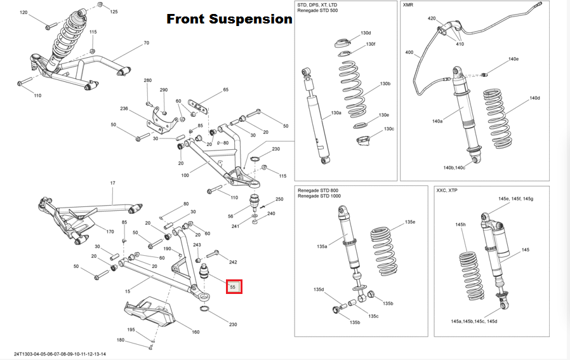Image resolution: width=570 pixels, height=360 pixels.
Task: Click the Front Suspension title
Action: pyautogui.click(x=229, y=19)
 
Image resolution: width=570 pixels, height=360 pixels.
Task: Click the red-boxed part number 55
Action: pyautogui.click(x=233, y=287)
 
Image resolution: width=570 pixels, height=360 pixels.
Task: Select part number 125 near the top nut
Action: pyautogui.click(x=114, y=12)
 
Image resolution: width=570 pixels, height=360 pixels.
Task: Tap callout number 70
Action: pyautogui.click(x=146, y=43)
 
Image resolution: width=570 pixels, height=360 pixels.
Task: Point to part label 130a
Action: pyautogui.click(x=336, y=112)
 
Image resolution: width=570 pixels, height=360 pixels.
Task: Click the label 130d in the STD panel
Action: pyautogui.click(x=366, y=32)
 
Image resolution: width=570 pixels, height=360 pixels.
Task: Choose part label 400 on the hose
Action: pyautogui.click(x=409, y=53)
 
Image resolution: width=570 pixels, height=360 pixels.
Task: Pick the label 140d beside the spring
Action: pyautogui.click(x=534, y=98)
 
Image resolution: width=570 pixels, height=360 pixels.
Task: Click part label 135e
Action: pyautogui.click(x=410, y=222)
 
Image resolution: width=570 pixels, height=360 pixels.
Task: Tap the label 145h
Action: pyautogui.click(x=461, y=225)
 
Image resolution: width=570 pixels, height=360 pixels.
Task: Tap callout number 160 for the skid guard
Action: pyautogui.click(x=196, y=331)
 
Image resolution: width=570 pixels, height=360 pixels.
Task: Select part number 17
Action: pyautogui.click(x=112, y=183)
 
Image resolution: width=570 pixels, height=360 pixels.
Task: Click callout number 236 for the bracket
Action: pyautogui.click(x=124, y=109)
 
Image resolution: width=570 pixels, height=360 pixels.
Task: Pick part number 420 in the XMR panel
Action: pyautogui.click(x=432, y=18)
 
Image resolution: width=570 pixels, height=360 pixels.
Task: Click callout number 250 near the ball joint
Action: pyautogui.click(x=279, y=199)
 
